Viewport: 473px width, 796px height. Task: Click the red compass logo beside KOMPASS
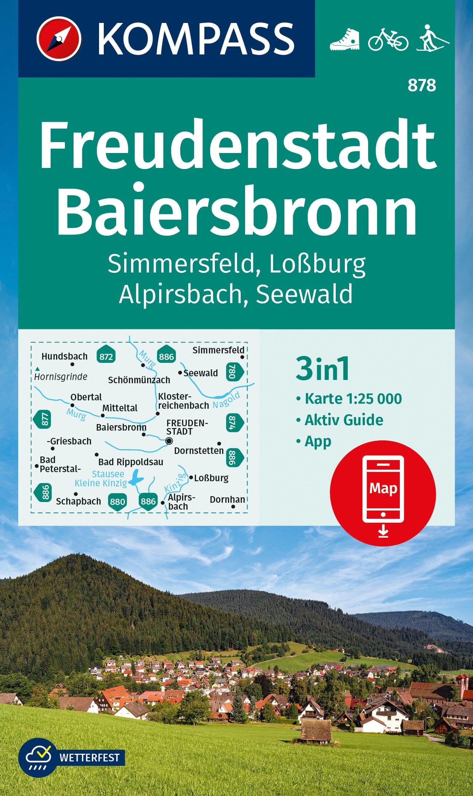(58, 39)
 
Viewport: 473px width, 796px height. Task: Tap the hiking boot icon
(344, 39)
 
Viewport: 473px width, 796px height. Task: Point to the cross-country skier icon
(433, 38)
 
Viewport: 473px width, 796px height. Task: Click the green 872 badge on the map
(106, 356)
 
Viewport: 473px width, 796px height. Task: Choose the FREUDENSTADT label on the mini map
(187, 427)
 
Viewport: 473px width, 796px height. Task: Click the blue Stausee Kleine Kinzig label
(101, 479)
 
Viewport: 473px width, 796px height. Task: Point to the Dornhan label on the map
(227, 499)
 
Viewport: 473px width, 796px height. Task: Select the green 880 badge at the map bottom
(117, 501)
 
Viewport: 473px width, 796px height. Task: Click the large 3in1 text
(323, 369)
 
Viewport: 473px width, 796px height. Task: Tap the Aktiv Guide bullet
(343, 420)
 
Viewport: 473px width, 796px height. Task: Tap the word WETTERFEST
(89, 757)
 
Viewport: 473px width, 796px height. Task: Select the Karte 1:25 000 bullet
(353, 399)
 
